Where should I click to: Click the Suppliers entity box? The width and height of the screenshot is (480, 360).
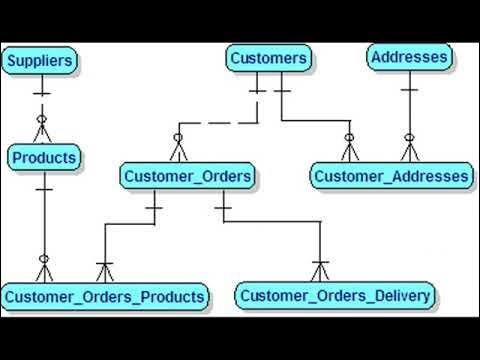pyautogui.click(x=40, y=61)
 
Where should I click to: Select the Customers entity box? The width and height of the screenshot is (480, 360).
pyautogui.click(x=268, y=58)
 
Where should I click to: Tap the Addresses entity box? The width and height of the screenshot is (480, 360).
pyautogui.click(x=409, y=57)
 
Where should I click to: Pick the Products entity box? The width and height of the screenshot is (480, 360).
pyautogui.click(x=44, y=157)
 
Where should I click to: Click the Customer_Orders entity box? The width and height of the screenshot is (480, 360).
pyautogui.click(x=187, y=177)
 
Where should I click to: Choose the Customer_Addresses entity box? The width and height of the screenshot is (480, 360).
pyautogui.click(x=391, y=177)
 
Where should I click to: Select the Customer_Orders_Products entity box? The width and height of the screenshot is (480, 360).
pyautogui.click(x=105, y=296)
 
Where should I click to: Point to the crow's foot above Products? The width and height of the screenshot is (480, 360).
pyautogui.click(x=42, y=130)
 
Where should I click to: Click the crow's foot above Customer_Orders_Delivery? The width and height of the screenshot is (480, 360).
pyautogui.click(x=319, y=270)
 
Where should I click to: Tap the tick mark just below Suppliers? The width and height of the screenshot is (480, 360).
pyautogui.click(x=41, y=94)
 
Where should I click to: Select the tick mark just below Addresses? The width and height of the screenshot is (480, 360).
pyautogui.click(x=409, y=89)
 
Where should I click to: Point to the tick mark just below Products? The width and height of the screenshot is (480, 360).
pyautogui.click(x=44, y=187)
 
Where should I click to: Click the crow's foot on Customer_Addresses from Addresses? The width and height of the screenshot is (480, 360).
pyautogui.click(x=409, y=149)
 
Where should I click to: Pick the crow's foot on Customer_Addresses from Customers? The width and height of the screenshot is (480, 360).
pyautogui.click(x=350, y=149)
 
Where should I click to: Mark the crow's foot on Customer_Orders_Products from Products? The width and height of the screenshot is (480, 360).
pyautogui.click(x=44, y=269)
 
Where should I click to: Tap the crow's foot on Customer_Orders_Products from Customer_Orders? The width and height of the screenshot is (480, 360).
pyautogui.click(x=105, y=270)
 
